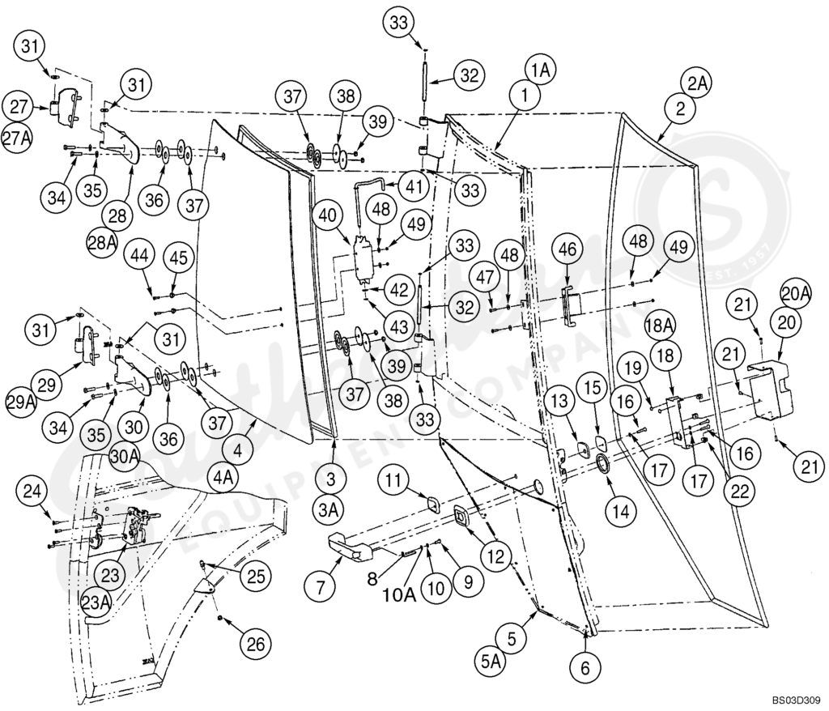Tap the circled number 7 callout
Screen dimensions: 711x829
pyautogui.click(x=321, y=585)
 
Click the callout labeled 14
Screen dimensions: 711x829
pyautogui.click(x=620, y=512)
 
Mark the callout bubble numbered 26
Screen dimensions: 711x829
pyautogui.click(x=255, y=644)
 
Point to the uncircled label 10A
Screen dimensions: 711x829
pyautogui.click(x=399, y=594)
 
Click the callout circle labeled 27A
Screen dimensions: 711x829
pyautogui.click(x=17, y=136)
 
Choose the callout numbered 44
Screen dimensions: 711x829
pyautogui.click(x=140, y=257)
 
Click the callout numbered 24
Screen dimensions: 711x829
pyautogui.click(x=33, y=491)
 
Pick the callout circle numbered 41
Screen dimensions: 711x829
pyautogui.click(x=414, y=187)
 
